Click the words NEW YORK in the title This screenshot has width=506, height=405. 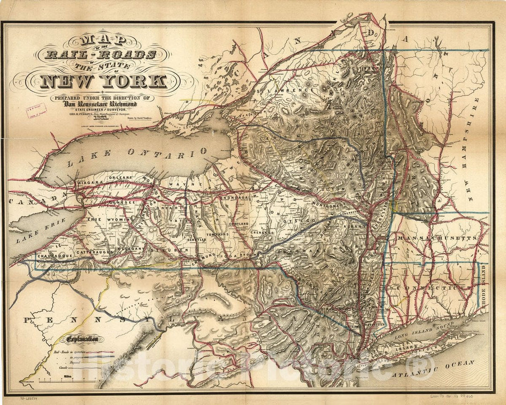[x=103, y=81]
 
